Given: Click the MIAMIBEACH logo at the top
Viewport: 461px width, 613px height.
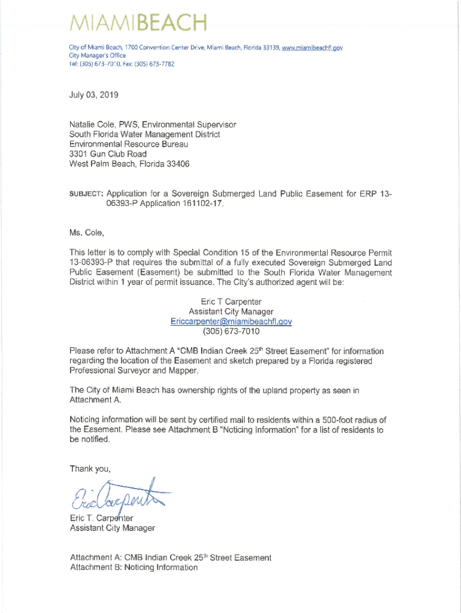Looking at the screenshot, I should tap(138, 25).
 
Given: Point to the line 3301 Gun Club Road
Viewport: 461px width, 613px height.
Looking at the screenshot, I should tap(108, 154).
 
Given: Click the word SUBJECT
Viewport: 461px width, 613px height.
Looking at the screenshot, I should tap(87, 194).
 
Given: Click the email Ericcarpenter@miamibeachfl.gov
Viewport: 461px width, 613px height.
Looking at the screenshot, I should tap(230, 321).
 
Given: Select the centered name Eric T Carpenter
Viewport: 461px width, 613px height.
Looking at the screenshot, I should tap(231, 302).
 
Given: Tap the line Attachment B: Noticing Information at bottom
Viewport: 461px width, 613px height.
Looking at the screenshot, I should tap(134, 567).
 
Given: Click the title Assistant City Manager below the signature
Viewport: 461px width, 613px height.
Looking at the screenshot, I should tap(113, 528).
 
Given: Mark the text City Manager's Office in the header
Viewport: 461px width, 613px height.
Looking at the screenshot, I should tap(92, 56).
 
